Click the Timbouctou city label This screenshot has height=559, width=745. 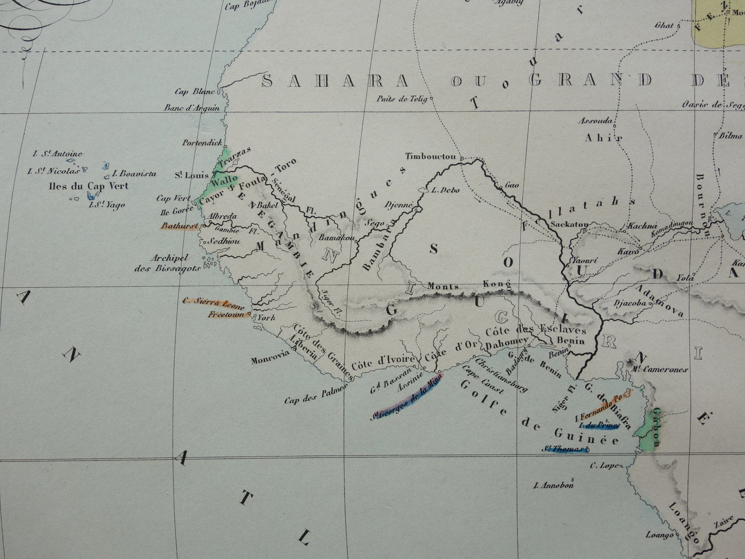pos(432,156)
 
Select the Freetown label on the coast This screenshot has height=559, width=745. pos(227,314)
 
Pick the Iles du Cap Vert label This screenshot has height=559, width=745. pos(87,186)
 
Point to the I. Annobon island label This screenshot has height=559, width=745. pos(554,485)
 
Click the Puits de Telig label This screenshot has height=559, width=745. pos(402,99)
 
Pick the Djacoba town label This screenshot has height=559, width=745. pos(630,303)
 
